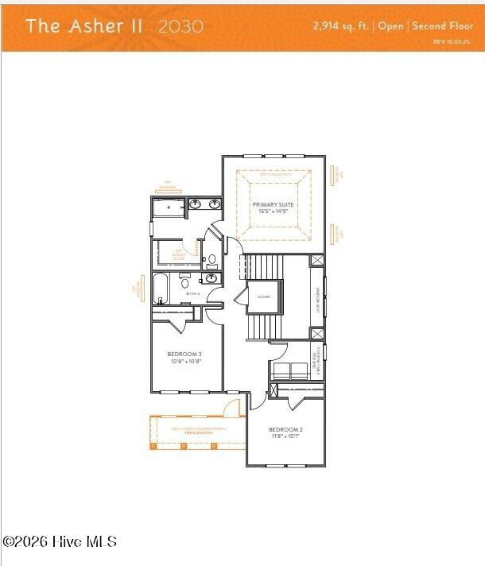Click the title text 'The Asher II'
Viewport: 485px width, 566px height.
pyautogui.click(x=84, y=25)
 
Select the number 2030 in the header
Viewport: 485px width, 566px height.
pyautogui.click(x=180, y=25)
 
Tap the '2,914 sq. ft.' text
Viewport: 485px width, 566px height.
pyautogui.click(x=342, y=25)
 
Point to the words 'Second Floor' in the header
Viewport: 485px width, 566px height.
pyautogui.click(x=443, y=25)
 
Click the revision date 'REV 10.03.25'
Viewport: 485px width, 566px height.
pyautogui.click(x=452, y=41)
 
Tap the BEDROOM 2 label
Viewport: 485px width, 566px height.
pyautogui.click(x=285, y=429)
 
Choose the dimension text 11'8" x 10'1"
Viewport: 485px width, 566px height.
pyautogui.click(x=285, y=436)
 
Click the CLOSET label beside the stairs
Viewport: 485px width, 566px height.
pyautogui.click(x=264, y=297)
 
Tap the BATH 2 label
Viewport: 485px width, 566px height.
pyautogui.click(x=192, y=293)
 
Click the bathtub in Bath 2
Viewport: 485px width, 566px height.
pyautogui.click(x=161, y=289)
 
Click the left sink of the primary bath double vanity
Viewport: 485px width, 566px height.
pyautogui.click(x=195, y=205)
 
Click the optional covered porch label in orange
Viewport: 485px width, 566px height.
pyautogui.click(x=199, y=431)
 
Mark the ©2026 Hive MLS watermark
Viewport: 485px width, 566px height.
pyautogui.click(x=60, y=541)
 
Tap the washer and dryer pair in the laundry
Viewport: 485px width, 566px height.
pyautogui.click(x=290, y=370)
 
